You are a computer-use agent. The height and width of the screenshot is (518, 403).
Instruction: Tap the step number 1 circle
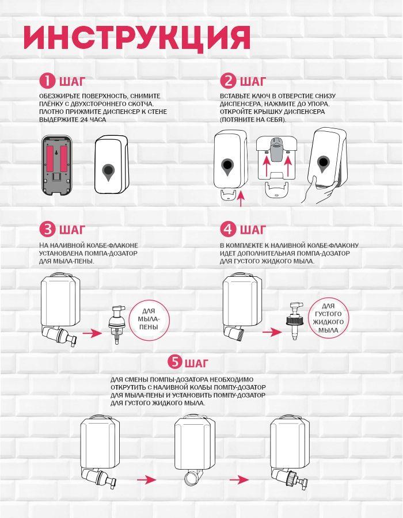tap(48, 81)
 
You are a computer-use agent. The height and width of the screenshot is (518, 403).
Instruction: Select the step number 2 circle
tap(228, 81)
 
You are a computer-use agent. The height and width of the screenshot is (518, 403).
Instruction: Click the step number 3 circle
tap(48, 229)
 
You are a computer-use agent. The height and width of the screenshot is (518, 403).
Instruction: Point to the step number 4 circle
tap(228, 229)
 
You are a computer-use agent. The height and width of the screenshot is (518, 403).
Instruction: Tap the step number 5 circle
tap(175, 362)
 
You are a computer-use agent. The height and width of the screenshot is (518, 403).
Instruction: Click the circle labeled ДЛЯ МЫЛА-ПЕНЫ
tap(149, 319)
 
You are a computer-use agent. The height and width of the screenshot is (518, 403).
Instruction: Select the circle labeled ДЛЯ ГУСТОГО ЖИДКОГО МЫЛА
tap(329, 318)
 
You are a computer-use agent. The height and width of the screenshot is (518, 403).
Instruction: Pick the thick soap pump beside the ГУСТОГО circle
tap(294, 321)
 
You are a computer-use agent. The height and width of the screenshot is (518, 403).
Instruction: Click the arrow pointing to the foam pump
tap(92, 333)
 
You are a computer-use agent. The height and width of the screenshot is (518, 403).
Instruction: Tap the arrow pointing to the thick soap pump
tap(272, 332)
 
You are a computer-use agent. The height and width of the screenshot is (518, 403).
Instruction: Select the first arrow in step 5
tap(146, 479)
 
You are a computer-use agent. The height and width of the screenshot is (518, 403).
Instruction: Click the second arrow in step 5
tap(239, 479)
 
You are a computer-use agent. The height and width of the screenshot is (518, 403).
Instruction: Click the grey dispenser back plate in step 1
tap(57, 165)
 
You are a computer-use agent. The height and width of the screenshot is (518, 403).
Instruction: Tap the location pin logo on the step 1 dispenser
tap(108, 172)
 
